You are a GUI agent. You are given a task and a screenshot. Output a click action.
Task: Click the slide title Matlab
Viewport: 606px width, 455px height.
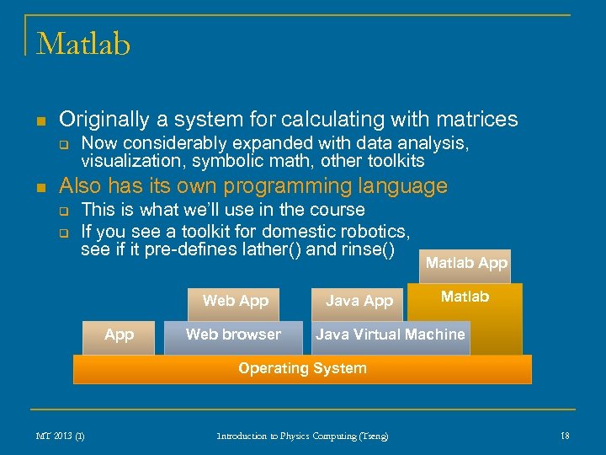coord(83,43)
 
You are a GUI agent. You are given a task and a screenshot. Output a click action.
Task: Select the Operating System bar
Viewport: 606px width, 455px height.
coord(302,369)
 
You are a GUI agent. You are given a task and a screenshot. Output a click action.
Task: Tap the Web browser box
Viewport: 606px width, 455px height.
coord(233,335)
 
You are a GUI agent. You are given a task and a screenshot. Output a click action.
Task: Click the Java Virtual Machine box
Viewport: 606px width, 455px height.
coord(390,335)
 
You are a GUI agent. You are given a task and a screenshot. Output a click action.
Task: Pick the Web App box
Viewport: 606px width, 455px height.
coord(235,302)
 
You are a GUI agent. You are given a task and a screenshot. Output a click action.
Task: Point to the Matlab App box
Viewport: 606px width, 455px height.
coord(465,264)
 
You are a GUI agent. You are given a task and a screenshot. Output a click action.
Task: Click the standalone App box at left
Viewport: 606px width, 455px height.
coord(119,335)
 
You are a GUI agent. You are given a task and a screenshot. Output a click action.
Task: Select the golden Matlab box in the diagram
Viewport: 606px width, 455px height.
coord(465,297)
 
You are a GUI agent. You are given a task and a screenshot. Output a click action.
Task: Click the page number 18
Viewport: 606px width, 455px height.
coord(565,436)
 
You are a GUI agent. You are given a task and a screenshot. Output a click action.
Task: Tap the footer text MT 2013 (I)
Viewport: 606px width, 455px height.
coord(60,436)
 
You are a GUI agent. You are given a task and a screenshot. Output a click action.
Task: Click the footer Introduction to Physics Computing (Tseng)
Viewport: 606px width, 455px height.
coord(302,436)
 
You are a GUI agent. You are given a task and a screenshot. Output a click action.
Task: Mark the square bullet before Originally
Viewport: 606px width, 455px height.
coord(40,120)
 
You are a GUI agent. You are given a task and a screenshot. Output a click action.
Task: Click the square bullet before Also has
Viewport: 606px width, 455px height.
coord(40,187)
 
